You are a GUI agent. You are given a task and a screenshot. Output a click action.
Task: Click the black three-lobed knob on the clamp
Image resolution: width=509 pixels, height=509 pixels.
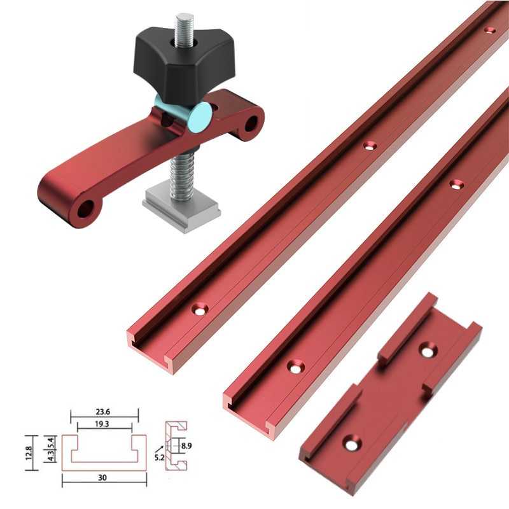[168, 64]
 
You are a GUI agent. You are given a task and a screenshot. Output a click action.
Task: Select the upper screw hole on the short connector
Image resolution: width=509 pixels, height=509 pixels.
[426, 349]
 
